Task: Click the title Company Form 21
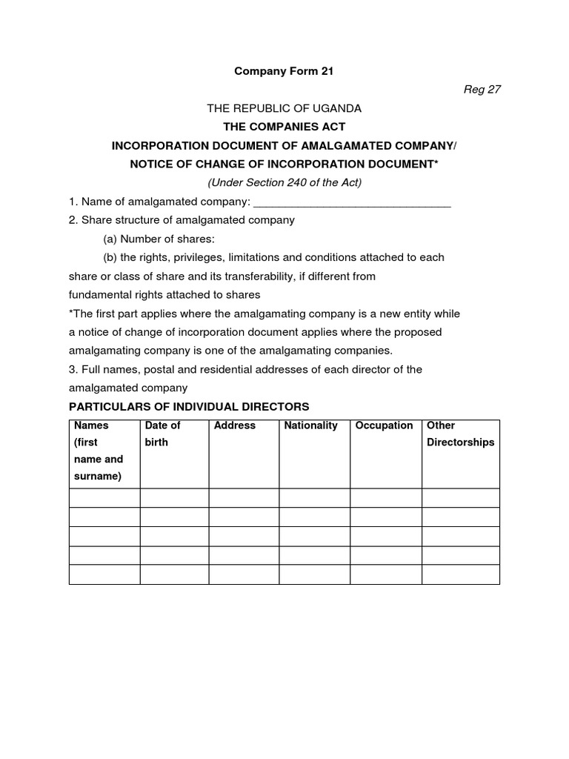click(x=284, y=72)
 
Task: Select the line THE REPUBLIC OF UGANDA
click(x=284, y=108)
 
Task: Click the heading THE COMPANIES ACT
click(x=284, y=127)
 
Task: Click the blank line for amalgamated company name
click(x=352, y=202)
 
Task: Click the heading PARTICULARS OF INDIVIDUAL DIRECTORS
click(x=189, y=407)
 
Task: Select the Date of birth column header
click(x=163, y=434)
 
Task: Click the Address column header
click(x=235, y=425)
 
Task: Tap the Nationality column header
click(x=311, y=425)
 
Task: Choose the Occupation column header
click(x=385, y=425)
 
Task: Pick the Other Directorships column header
click(x=460, y=434)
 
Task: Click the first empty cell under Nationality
click(x=315, y=498)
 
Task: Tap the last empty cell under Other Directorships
click(x=461, y=574)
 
